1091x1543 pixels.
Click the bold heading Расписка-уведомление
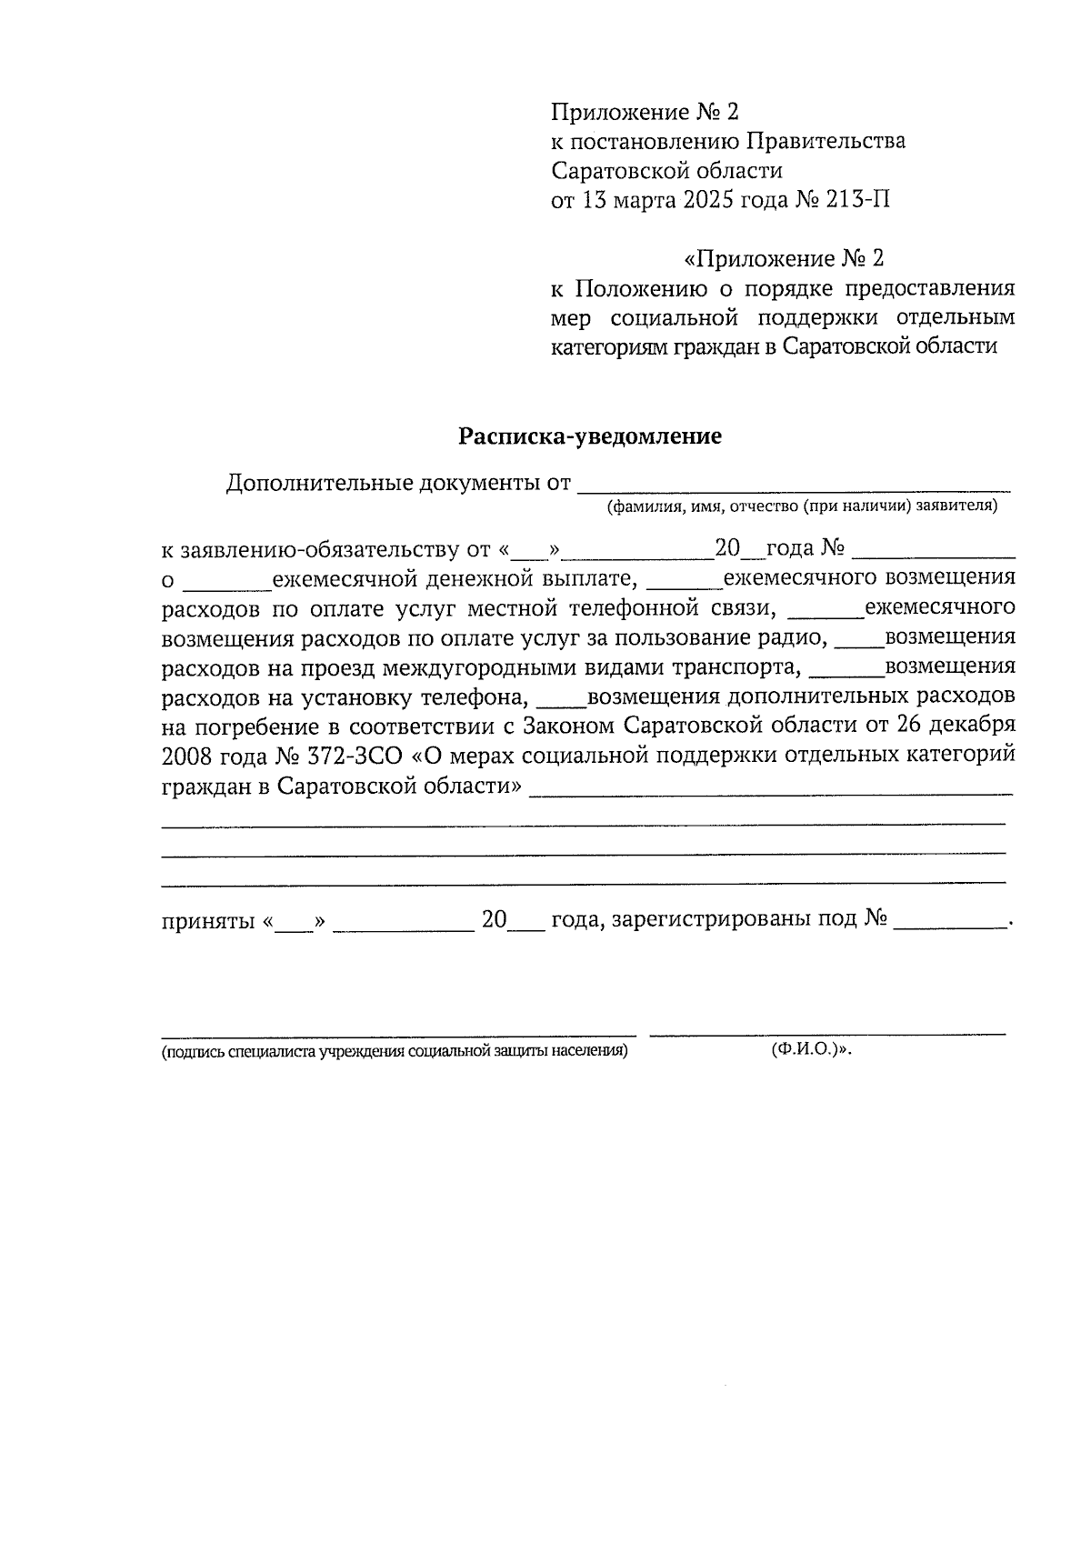point(589,436)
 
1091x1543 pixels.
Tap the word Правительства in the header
point(826,141)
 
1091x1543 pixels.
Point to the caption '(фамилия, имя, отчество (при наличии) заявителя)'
point(803,506)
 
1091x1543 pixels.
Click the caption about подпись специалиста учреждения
point(395,1052)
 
